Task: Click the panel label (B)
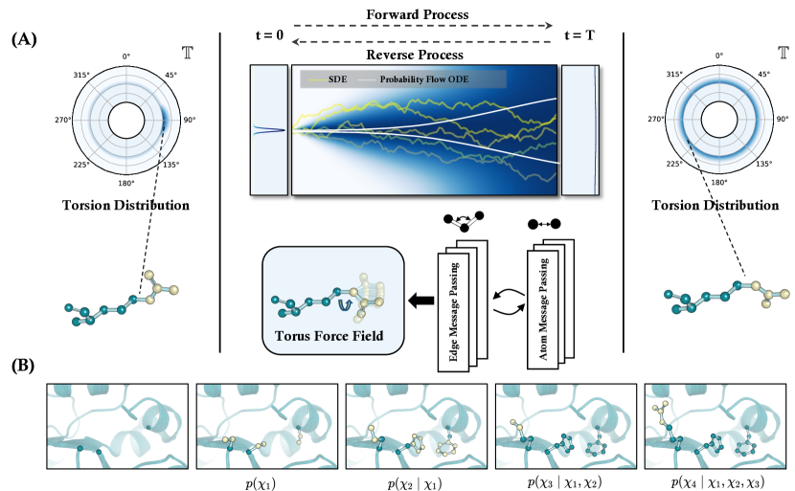[x=26, y=364]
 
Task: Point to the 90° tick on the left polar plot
[x=190, y=121]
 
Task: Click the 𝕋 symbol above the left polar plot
[x=185, y=54]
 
